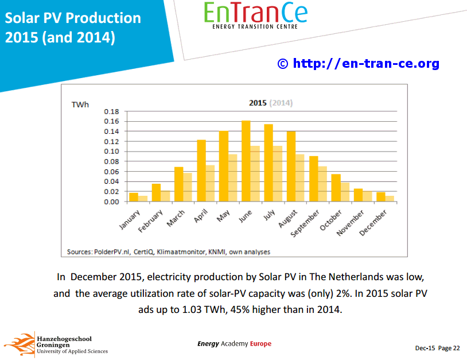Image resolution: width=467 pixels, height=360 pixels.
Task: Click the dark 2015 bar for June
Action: point(246,161)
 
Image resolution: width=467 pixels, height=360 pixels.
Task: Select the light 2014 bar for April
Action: point(211,184)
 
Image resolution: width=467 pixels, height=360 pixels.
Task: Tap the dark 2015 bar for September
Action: point(314,179)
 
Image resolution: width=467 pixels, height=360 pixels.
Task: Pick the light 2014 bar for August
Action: point(300,178)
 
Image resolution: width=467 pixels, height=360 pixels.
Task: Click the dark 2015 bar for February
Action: point(156,193)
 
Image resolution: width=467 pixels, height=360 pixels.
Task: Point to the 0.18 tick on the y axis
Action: point(111,111)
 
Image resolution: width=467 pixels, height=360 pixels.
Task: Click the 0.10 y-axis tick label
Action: point(111,152)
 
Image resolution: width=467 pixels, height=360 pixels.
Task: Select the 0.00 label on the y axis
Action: point(111,202)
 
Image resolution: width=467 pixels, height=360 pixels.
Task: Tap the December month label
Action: point(373,223)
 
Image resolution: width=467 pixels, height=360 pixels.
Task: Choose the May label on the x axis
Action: point(223,215)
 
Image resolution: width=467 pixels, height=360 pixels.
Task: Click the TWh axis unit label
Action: point(80,104)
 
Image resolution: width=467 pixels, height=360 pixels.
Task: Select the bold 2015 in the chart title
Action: point(258,103)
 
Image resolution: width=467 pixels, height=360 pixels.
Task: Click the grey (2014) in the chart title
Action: point(281,103)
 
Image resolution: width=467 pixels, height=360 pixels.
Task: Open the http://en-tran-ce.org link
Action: point(366,64)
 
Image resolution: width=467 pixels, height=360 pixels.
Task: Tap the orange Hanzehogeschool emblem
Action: point(20,344)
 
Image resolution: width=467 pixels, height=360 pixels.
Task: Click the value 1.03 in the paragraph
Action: point(192,309)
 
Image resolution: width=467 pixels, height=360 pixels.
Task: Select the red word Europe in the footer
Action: point(260,343)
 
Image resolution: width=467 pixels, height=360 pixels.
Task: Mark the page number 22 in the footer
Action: point(457,348)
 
